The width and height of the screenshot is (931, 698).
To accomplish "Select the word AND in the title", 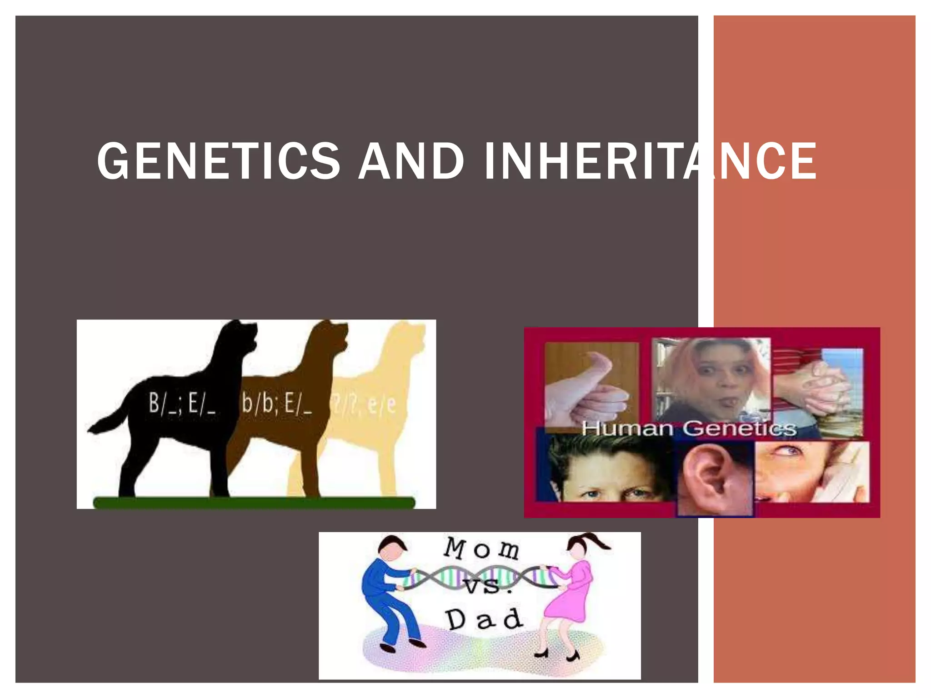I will coord(411,161).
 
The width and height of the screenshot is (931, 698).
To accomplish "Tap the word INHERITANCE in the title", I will coord(650,161).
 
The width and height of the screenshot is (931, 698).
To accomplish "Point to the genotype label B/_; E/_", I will coord(182,404).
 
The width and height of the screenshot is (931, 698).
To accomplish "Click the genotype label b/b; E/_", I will coord(277,404).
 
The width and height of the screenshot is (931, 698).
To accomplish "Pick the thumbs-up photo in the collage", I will coord(591,386).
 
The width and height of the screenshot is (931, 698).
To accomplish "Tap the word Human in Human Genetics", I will coord(627,429).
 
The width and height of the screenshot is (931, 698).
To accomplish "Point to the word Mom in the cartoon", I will coord(482,549).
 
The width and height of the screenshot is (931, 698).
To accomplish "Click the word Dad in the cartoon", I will coord(484,619).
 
